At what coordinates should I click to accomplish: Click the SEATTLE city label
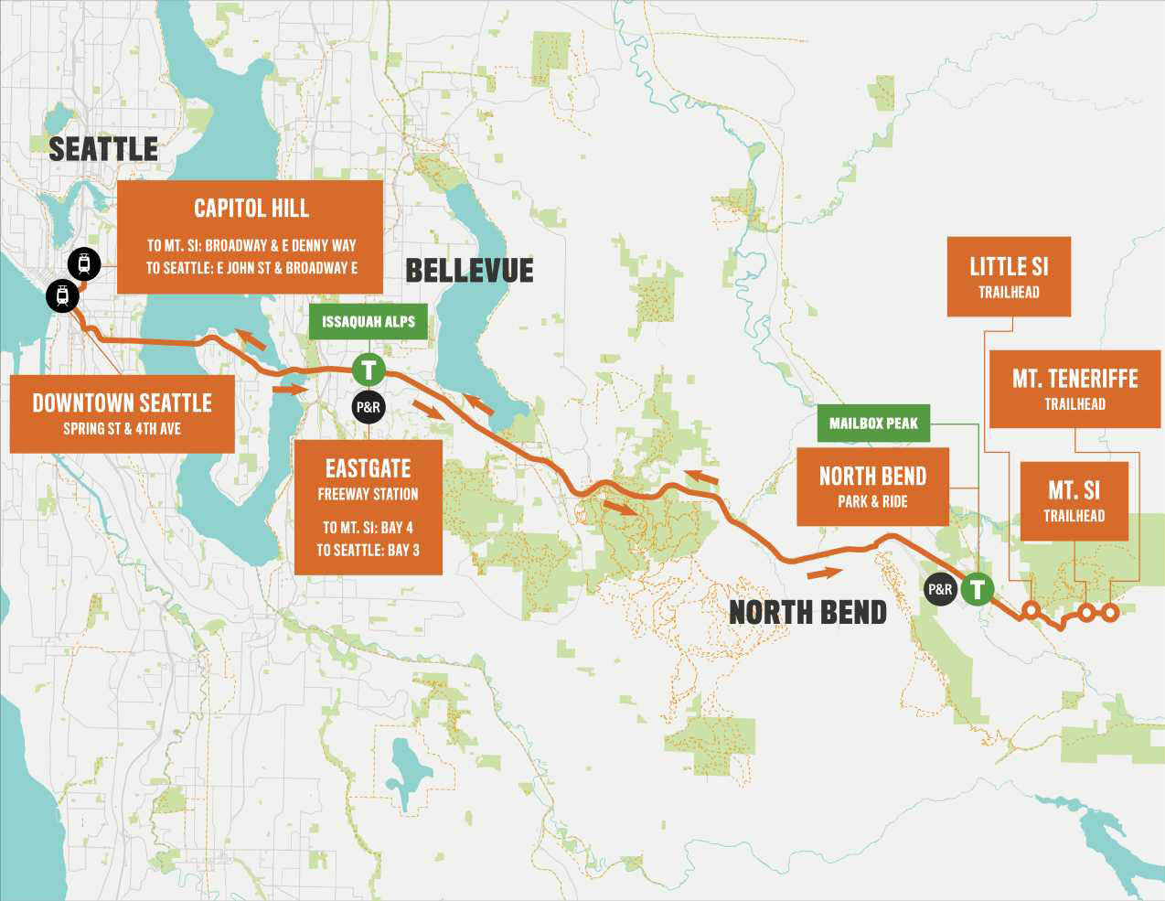pyautogui.click(x=102, y=148)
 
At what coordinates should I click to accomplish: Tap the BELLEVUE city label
pyautogui.click(x=469, y=271)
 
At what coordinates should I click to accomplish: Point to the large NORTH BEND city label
pyautogui.click(x=807, y=612)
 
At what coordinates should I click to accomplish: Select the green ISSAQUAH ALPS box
pyautogui.click(x=369, y=322)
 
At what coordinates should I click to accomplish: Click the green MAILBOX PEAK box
pyautogui.click(x=873, y=424)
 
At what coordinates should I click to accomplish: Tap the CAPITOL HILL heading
pyautogui.click(x=251, y=209)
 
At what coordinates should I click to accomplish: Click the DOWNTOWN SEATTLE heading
pyautogui.click(x=122, y=403)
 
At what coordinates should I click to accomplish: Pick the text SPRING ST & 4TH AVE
pyautogui.click(x=122, y=428)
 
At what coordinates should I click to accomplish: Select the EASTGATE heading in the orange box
pyautogui.click(x=368, y=469)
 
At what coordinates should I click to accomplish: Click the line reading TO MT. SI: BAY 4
pyautogui.click(x=368, y=528)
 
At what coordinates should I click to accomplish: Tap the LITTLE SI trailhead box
pyautogui.click(x=1009, y=276)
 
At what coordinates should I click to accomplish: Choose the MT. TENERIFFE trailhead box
pyautogui.click(x=1074, y=389)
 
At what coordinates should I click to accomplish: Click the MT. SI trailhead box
pyautogui.click(x=1074, y=500)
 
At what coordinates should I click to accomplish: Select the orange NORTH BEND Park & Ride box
pyautogui.click(x=872, y=486)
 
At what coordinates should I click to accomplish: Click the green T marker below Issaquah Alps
pyautogui.click(x=369, y=370)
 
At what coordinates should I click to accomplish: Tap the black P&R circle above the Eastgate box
pyautogui.click(x=368, y=407)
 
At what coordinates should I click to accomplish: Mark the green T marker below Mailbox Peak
pyautogui.click(x=978, y=589)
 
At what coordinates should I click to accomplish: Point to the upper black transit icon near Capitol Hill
pyautogui.click(x=84, y=263)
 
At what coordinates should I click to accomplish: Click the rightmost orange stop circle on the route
pyautogui.click(x=1109, y=612)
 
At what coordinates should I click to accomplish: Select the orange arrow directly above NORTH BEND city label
pyautogui.click(x=824, y=574)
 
